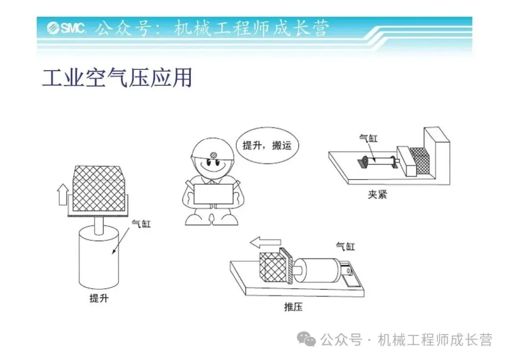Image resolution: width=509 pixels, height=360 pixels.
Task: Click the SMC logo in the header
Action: click(x=66, y=28)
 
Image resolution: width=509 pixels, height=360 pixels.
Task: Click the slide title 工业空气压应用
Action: click(x=117, y=78)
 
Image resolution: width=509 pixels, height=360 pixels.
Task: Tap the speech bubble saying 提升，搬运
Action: click(x=266, y=145)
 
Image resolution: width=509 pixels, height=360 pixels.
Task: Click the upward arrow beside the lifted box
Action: click(x=63, y=195)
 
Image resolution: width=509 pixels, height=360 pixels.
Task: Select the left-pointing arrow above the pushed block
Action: click(x=265, y=242)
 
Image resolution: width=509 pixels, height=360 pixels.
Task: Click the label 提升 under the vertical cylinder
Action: click(x=99, y=298)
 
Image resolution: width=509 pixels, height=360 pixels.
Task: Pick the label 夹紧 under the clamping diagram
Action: click(x=378, y=195)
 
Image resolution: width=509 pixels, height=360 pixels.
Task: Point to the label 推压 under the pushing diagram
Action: click(x=294, y=307)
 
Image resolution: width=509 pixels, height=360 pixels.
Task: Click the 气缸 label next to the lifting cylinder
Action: click(x=141, y=223)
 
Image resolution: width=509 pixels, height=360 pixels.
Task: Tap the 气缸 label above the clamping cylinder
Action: click(x=369, y=138)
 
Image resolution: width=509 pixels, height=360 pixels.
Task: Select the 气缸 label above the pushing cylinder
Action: click(x=345, y=246)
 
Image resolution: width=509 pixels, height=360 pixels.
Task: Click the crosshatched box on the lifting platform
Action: click(x=99, y=188)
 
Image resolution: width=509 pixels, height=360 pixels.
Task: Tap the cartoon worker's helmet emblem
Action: click(x=213, y=155)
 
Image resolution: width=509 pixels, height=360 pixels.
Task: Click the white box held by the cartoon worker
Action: click(x=213, y=194)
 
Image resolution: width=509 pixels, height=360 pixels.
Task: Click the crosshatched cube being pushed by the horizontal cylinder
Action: click(x=273, y=267)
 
